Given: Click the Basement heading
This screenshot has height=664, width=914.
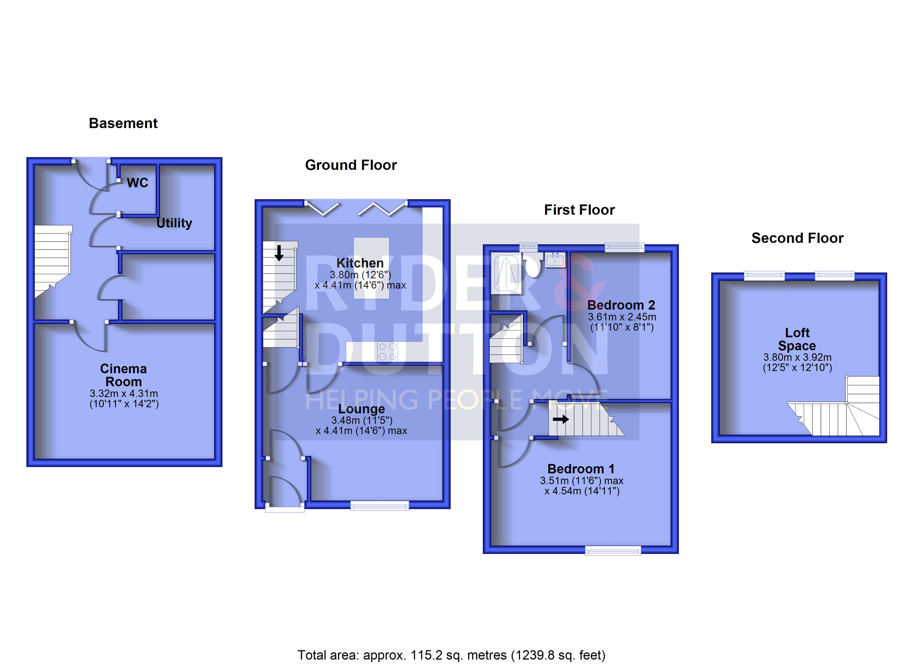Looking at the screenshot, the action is (123, 123).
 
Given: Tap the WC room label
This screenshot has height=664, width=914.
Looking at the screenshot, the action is (137, 183).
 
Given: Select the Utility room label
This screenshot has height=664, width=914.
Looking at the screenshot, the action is (174, 223).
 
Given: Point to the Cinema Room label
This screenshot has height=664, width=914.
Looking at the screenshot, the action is (123, 375).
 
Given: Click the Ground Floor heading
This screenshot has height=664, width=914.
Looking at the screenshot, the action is (351, 165).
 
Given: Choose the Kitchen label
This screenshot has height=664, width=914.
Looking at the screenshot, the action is (360, 263).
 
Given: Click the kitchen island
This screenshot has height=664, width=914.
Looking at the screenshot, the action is (371, 268).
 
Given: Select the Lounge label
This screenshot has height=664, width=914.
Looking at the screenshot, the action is (361, 409).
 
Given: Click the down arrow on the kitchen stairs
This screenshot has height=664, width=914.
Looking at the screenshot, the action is (279, 253).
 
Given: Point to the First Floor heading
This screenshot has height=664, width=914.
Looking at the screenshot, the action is (579, 210).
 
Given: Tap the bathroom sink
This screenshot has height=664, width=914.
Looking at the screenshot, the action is (555, 260).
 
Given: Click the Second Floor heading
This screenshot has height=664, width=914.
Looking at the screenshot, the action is (797, 238).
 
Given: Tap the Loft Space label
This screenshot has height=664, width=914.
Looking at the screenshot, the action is (797, 339).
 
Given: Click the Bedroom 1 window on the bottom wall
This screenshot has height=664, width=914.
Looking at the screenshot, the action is (613, 551).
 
